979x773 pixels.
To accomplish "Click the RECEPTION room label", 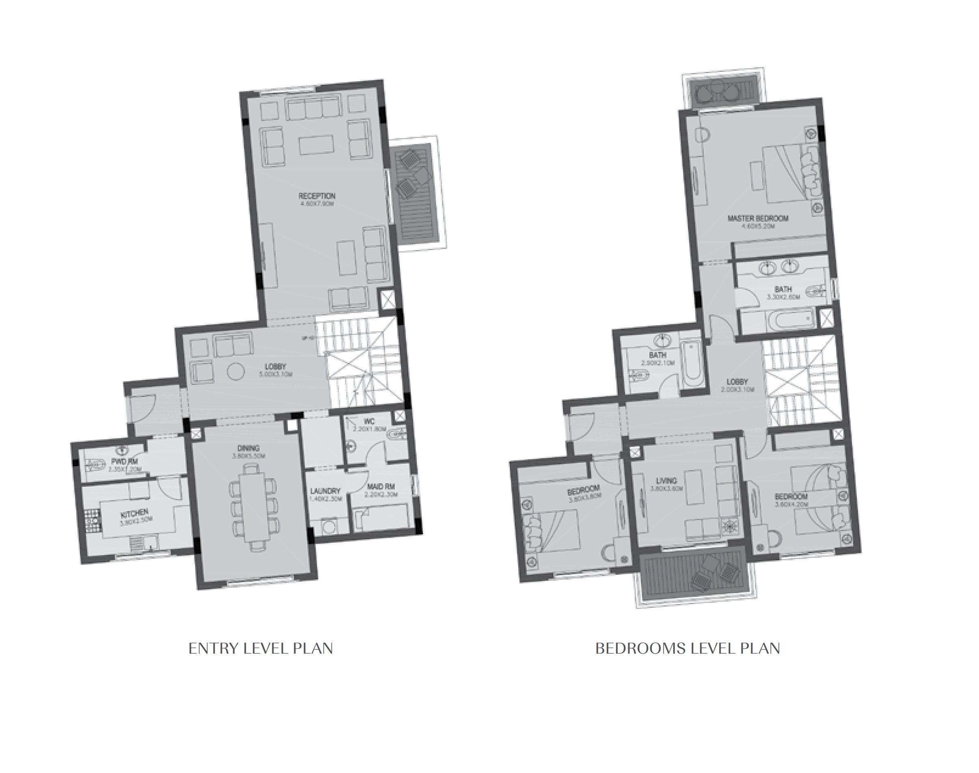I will tap(317, 196).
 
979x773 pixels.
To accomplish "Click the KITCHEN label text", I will tap(135, 512).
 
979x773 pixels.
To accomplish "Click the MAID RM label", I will tap(381, 486).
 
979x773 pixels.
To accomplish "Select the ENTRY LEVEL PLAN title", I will tap(261, 648).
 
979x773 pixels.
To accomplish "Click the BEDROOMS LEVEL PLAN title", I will tap(687, 648).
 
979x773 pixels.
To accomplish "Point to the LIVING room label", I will tap(666, 481).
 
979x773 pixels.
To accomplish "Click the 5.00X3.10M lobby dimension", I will tap(276, 374).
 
